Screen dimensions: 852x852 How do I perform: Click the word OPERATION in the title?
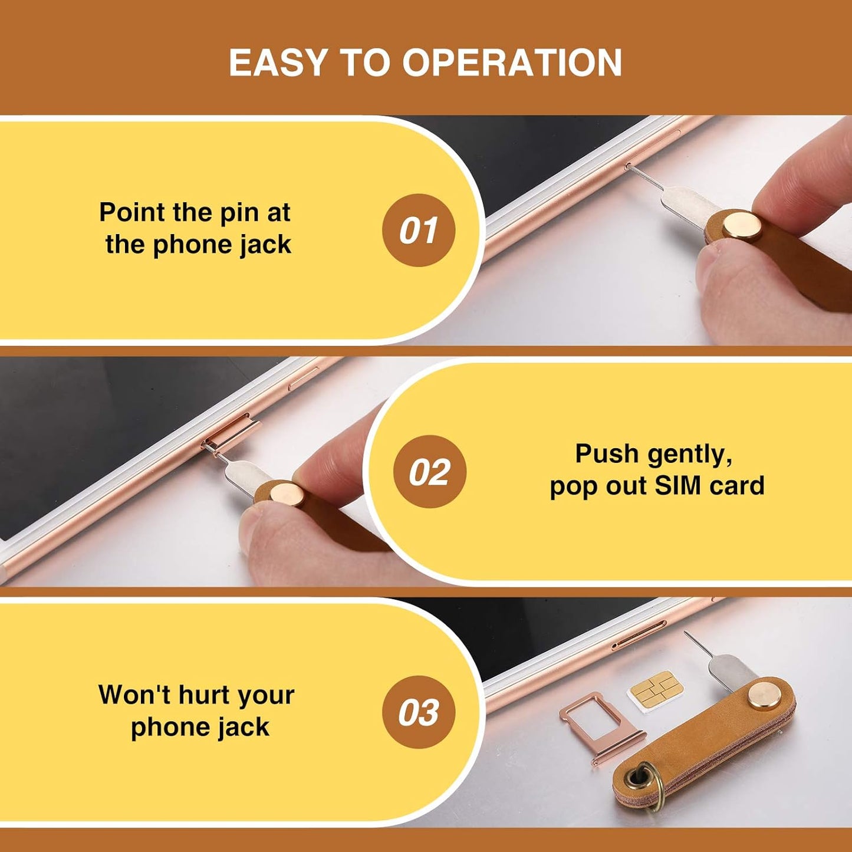click(512, 62)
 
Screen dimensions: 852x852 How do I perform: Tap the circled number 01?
click(419, 230)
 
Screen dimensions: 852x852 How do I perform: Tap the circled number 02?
click(429, 472)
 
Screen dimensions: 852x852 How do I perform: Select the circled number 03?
click(419, 712)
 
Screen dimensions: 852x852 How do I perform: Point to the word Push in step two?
click(607, 454)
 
